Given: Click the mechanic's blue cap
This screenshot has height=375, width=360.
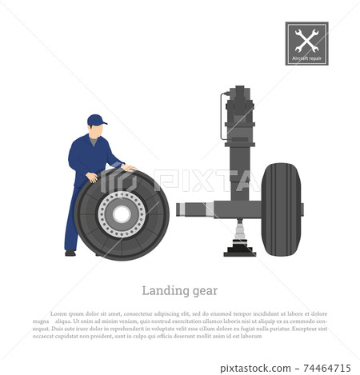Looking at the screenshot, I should coord(96,120).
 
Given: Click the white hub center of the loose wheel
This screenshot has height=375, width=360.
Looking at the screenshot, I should coord(122,214).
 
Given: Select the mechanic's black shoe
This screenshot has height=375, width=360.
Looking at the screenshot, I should coord(70,253).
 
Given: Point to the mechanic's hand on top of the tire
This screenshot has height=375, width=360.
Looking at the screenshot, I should coord(127,168).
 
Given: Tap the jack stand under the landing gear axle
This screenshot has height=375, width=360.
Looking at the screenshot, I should coord(239,241).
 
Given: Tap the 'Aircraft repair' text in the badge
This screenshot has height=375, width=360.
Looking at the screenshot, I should coord(306,58).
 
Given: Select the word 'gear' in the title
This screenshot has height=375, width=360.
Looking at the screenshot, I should coord(202,290).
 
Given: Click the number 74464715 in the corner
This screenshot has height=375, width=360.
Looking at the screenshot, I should coord(324,368).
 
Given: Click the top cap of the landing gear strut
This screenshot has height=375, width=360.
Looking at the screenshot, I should coord(239,90).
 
